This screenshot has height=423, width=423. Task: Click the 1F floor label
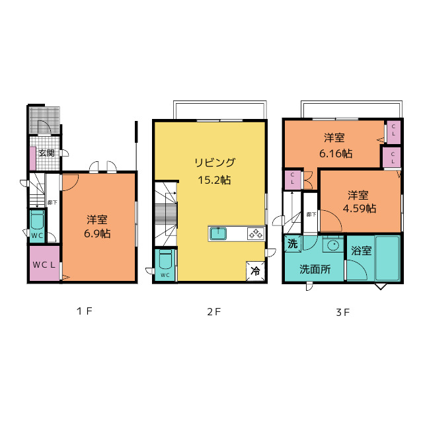click(85, 311)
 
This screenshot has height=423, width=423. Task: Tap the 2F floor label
click(214, 312)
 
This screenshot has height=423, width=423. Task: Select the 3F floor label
click(343, 313)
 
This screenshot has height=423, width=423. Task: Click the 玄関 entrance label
click(46, 153)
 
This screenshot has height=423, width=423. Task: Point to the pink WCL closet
click(44, 263)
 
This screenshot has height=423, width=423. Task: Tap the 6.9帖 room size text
click(97, 233)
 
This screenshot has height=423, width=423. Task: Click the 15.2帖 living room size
click(214, 180)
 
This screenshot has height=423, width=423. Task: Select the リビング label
click(215, 163)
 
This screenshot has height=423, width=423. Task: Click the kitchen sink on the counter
click(218, 233)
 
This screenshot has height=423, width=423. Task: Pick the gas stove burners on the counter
click(256, 233)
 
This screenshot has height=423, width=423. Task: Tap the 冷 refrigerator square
click(255, 271)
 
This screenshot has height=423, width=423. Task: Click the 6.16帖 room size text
click(336, 153)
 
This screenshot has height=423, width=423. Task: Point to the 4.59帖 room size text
click(360, 208)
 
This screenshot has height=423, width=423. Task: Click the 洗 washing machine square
click(293, 244)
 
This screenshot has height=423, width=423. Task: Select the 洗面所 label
click(315, 269)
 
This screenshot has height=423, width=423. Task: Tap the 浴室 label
click(362, 250)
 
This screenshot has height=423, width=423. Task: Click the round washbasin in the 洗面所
click(333, 245)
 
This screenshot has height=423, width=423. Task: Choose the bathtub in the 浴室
click(388, 258)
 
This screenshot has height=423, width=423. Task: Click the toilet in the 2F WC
click(165, 259)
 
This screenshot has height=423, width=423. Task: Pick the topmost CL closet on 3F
click(394, 132)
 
